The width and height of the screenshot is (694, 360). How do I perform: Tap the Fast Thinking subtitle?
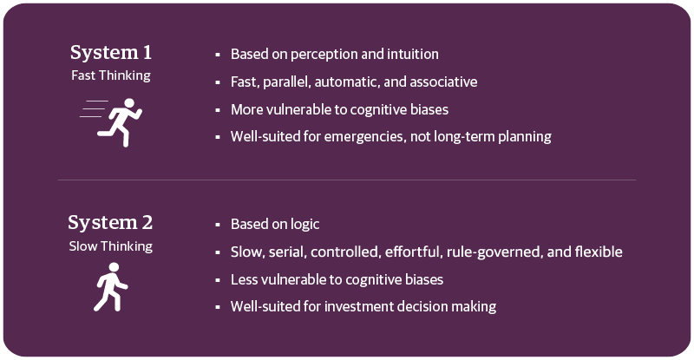[x=110, y=75]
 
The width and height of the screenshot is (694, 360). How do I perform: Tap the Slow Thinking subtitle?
[x=110, y=245]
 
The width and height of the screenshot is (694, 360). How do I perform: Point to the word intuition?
[x=410, y=54]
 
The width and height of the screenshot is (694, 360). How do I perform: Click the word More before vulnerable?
[x=246, y=109]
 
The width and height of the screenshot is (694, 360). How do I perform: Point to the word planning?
[x=524, y=136]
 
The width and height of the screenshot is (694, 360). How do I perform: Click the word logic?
[x=303, y=224]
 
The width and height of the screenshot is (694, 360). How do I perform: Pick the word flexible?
[x=598, y=252]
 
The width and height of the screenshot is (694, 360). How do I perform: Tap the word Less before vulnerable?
[x=244, y=279]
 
